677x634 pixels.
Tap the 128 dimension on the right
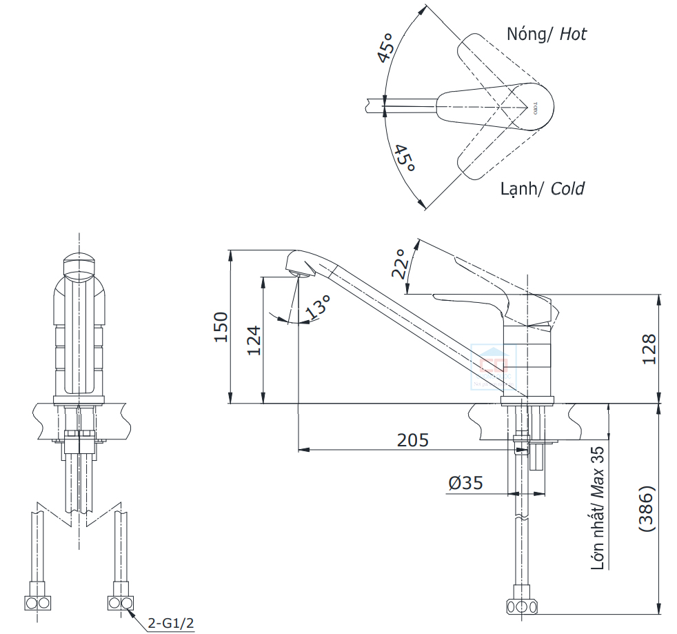coord(648,349)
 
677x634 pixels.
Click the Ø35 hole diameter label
coord(465,484)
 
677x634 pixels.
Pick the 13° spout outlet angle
coord(319,306)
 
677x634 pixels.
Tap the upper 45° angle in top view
coord(386,47)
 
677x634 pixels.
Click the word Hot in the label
coord(573,34)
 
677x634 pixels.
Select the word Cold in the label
coord(567,188)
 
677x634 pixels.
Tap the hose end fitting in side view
coord(522,607)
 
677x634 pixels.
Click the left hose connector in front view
coord(37,602)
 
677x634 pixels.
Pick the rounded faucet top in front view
coord(80,266)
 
